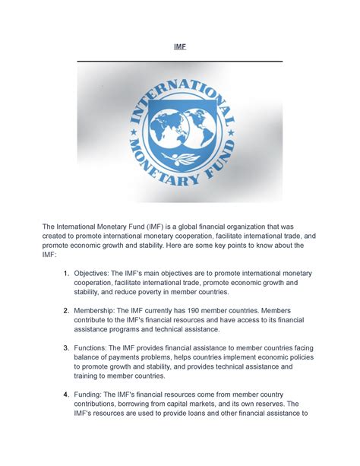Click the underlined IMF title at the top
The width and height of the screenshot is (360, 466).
click(x=179, y=46)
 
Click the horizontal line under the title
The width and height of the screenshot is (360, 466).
click(x=179, y=61)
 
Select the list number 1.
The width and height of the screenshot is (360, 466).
click(x=66, y=272)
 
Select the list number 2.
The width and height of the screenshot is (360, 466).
click(x=66, y=311)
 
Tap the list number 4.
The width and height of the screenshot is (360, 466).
click(x=66, y=394)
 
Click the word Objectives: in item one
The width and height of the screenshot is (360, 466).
click(x=95, y=272)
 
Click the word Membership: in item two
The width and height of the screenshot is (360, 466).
click(x=98, y=311)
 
